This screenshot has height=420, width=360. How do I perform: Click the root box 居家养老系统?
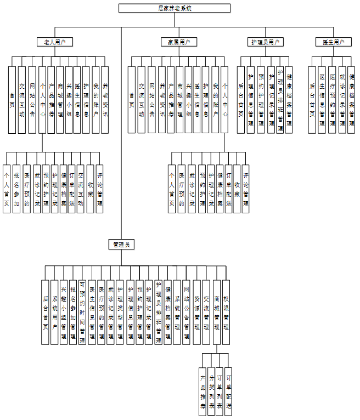click(x=175, y=8)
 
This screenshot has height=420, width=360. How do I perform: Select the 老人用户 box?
click(x=54, y=42)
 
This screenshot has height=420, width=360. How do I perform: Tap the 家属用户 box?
click(x=179, y=42)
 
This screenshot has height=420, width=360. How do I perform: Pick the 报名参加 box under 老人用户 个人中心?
click(x=16, y=189)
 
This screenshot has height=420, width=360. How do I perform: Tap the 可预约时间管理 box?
click(x=82, y=312)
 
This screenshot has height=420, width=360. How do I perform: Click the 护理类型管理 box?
click(x=120, y=312)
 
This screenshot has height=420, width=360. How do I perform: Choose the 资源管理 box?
click(x=196, y=312)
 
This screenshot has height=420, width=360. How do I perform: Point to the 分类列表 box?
click(x=212, y=391)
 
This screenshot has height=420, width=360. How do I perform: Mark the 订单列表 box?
click(x=220, y=391)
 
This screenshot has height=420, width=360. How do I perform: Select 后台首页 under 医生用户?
click(x=312, y=99)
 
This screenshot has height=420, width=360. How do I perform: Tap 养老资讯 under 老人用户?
click(x=105, y=99)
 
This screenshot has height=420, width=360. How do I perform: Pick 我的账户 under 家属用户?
click(x=215, y=99)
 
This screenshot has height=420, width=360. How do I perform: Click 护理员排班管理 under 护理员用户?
click(x=280, y=99)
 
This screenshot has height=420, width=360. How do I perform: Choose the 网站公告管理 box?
click(x=187, y=312)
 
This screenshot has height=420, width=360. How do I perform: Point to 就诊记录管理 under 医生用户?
click(x=342, y=99)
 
